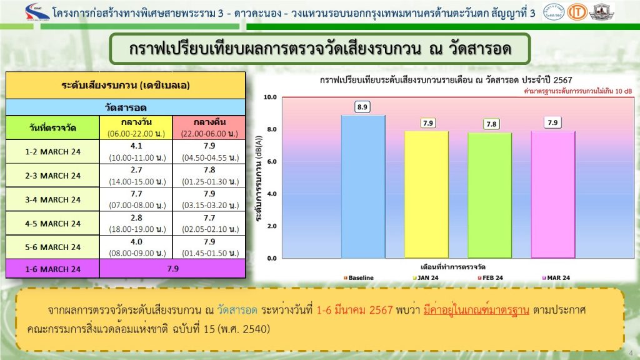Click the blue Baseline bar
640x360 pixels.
[363, 186]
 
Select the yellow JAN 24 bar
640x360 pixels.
[426, 194]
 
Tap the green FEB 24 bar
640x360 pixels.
[490, 196]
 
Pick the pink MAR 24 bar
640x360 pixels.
[553, 194]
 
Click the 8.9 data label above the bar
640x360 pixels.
[362, 107]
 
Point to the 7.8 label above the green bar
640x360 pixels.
[491, 124]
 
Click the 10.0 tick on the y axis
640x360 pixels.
[270, 97]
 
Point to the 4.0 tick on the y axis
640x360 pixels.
[272, 194]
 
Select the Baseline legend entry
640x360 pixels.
[359, 278]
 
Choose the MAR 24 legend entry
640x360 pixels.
[556, 278]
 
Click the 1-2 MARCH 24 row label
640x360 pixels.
[52, 152]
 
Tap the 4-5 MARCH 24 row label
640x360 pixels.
[52, 224]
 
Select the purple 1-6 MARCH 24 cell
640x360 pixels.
[52, 269]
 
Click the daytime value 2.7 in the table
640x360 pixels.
[136, 170]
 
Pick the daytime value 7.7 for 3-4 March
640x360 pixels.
[136, 194]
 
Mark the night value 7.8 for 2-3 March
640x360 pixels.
[209, 170]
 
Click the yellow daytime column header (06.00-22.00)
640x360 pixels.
[136, 127]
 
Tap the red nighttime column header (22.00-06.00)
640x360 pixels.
[209, 127]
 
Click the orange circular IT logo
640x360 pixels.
[577, 12]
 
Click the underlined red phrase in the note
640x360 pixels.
[476, 310]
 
